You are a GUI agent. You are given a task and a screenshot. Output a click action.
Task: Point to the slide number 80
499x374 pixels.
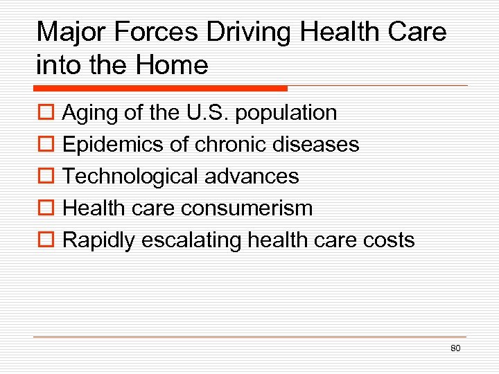point(455,348)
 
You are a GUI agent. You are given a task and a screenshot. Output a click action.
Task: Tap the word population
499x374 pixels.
point(286,113)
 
